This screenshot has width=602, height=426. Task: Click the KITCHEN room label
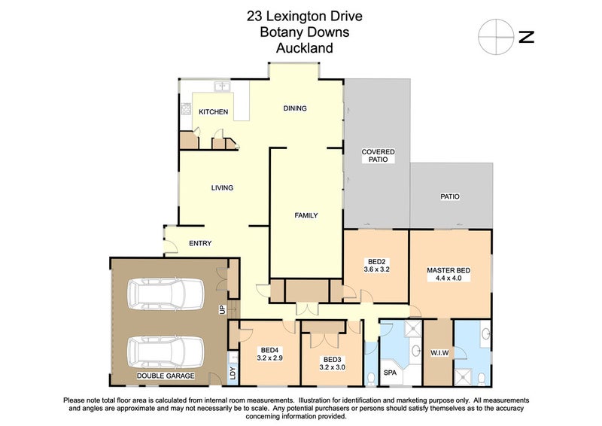(214, 112)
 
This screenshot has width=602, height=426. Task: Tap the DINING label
(295, 108)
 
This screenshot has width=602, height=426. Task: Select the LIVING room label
(222, 188)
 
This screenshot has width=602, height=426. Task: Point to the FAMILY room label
(306, 215)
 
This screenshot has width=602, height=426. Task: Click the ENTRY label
(200, 243)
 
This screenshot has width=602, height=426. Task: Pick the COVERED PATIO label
(379, 156)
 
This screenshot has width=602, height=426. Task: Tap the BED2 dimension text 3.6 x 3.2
(377, 269)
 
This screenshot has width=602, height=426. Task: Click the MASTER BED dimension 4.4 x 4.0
(448, 278)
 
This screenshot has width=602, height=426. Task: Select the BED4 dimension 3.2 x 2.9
(270, 358)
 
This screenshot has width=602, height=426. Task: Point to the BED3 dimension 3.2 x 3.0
(332, 367)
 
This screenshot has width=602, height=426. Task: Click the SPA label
(390, 373)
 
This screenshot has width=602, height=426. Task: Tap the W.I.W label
(439, 353)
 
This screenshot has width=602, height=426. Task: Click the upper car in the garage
(166, 294)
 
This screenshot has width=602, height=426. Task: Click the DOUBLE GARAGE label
(166, 376)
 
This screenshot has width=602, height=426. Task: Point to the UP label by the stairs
(221, 309)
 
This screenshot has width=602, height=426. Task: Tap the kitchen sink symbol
(222, 87)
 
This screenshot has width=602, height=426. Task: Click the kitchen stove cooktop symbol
(186, 108)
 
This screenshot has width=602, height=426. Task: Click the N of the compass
(526, 37)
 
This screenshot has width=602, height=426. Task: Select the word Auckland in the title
(305, 48)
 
